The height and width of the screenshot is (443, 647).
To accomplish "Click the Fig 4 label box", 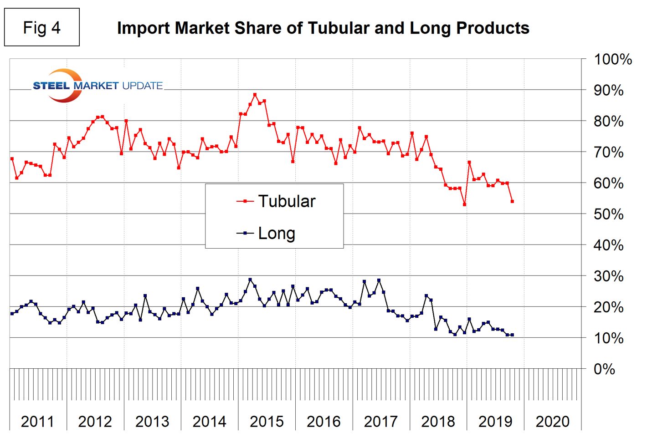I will [x=41, y=27].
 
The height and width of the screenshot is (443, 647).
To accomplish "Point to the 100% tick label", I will [x=612, y=59].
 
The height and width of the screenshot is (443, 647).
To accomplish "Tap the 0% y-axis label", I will [x=604, y=369].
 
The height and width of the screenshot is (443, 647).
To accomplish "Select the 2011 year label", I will [x=37, y=422].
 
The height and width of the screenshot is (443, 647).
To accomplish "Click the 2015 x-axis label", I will [x=267, y=422].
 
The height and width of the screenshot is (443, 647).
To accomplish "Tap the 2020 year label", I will [x=552, y=422].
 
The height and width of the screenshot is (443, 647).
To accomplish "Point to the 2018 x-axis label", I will [x=438, y=422].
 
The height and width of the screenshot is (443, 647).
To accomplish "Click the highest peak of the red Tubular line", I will [x=255, y=95].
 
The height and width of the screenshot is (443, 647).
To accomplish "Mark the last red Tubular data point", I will [x=512, y=201].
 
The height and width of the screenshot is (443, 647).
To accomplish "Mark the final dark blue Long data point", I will [x=512, y=335].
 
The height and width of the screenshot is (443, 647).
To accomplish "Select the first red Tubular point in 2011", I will [x=12, y=159].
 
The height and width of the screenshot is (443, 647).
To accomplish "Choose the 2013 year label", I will [x=152, y=422].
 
